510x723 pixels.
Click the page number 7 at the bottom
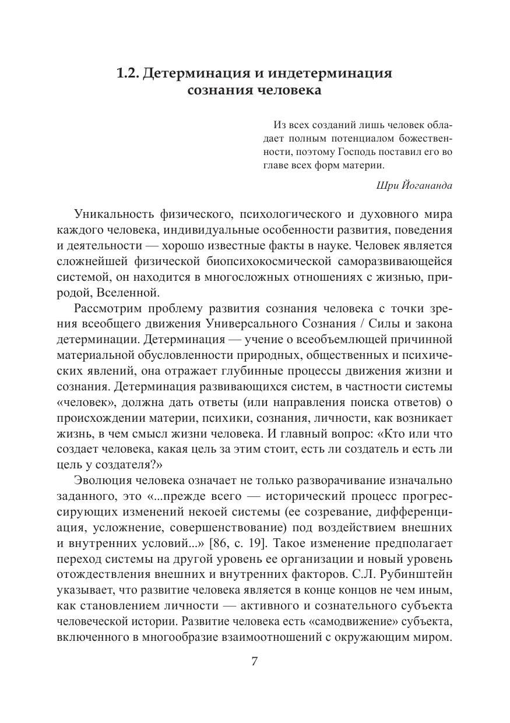(x=254, y=661)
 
